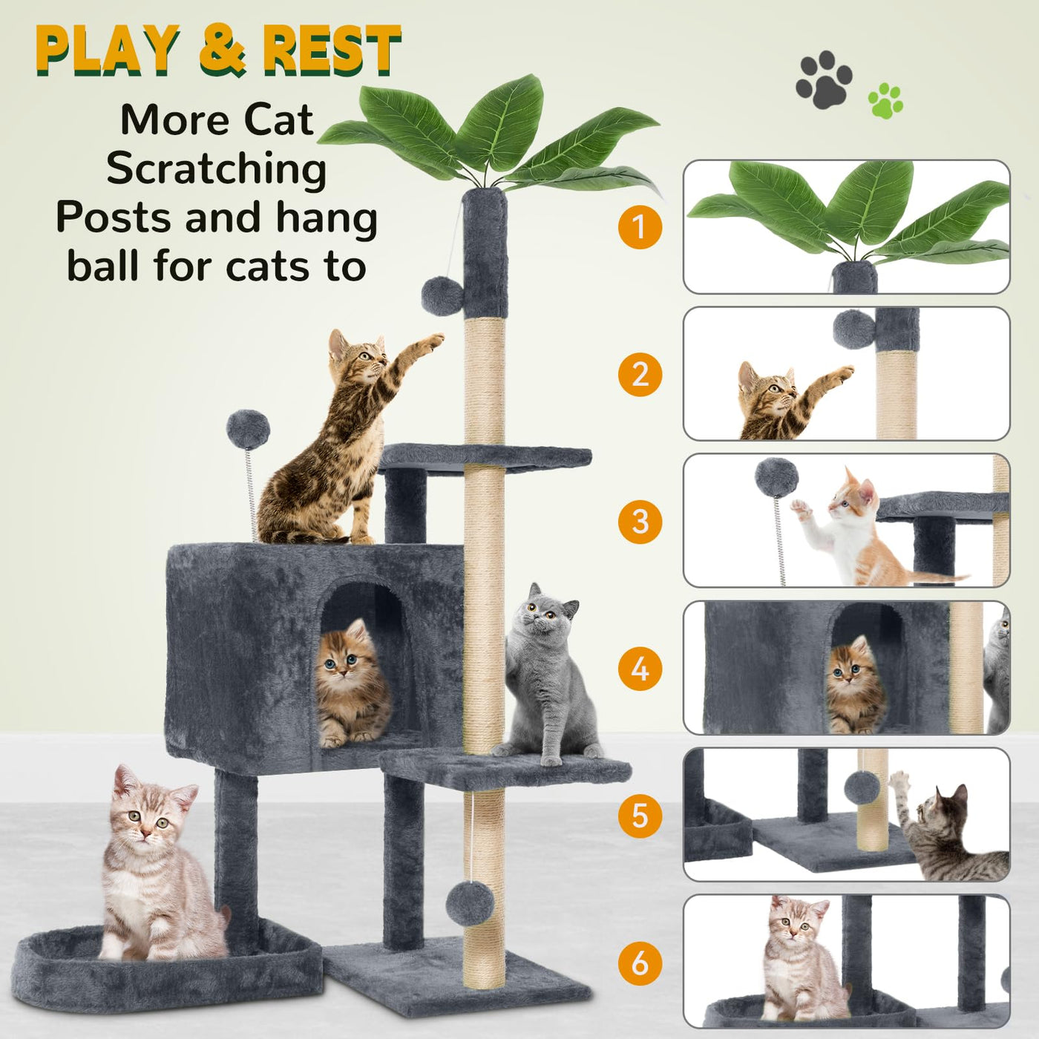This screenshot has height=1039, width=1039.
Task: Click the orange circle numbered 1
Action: tap(640, 227)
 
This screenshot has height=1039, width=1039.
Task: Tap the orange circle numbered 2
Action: tap(640, 374)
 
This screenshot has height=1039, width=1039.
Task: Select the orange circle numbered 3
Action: tap(640, 522)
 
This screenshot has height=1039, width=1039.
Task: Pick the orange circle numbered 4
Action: tap(640, 669)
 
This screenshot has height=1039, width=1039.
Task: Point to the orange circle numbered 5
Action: tap(640, 816)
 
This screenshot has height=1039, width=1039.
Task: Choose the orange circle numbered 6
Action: tap(640, 963)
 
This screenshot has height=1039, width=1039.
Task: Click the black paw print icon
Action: tap(823, 79)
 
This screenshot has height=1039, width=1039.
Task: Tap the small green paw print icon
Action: tap(885, 101)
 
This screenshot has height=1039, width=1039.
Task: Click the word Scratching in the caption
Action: tap(217, 169)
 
